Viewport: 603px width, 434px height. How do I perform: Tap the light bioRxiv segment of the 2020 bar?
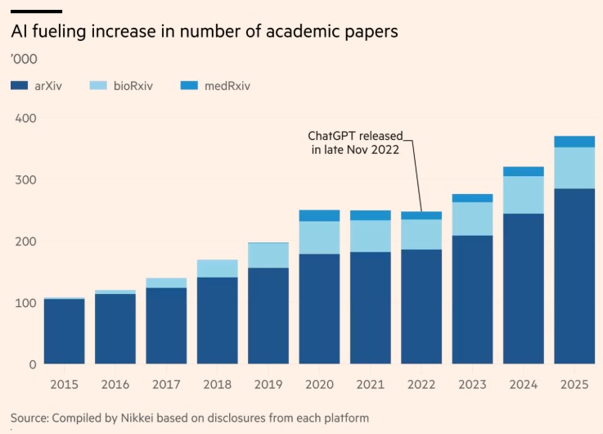click(x=319, y=237)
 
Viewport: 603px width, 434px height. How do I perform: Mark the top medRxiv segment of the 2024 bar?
click(x=524, y=171)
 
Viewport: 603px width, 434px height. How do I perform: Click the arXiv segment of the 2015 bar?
click(x=65, y=331)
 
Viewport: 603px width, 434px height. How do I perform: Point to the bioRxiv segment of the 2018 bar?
click(x=218, y=268)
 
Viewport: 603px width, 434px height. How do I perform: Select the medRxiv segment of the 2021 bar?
click(x=370, y=215)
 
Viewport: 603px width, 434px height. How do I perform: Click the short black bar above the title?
click(x=37, y=11)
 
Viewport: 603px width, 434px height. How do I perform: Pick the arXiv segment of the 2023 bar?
click(x=472, y=299)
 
